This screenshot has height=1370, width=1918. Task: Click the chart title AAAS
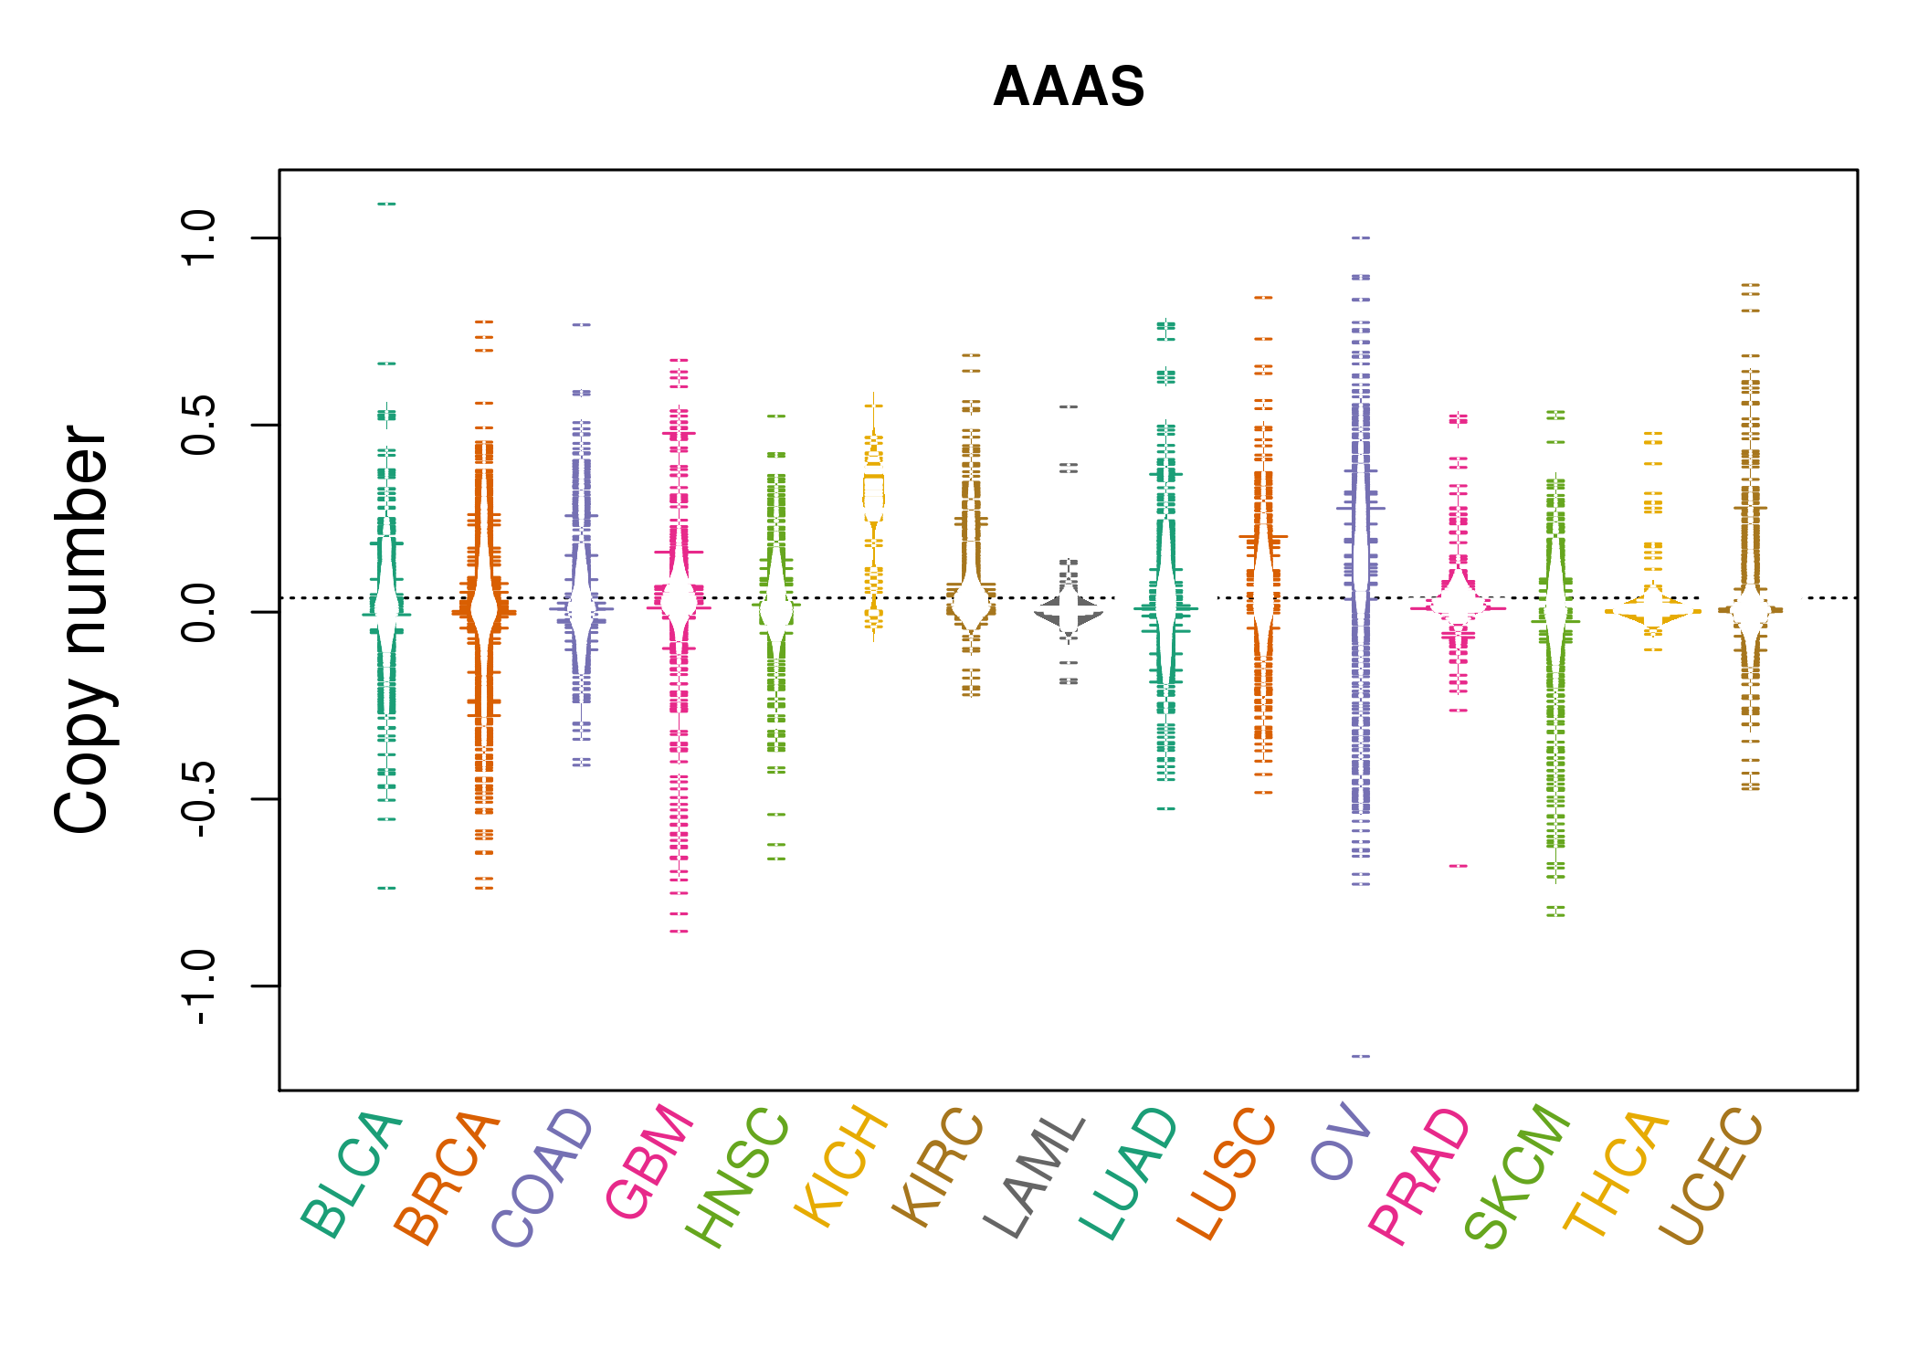(1068, 87)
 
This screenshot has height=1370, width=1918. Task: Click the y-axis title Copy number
(82, 629)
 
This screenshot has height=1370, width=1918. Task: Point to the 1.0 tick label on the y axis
(198, 237)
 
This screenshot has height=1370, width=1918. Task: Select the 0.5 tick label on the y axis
(198, 426)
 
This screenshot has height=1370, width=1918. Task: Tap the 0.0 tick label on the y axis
(198, 613)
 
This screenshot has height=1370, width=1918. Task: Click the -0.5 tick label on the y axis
(198, 799)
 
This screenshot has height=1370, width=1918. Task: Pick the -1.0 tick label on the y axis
(198, 986)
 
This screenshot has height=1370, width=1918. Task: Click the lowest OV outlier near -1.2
(1361, 1056)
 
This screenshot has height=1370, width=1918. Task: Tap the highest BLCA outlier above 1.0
(386, 204)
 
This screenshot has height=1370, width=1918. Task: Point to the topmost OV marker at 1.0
(1361, 237)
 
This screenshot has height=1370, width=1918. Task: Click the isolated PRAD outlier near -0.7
(1459, 866)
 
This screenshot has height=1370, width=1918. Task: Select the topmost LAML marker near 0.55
(1069, 406)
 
